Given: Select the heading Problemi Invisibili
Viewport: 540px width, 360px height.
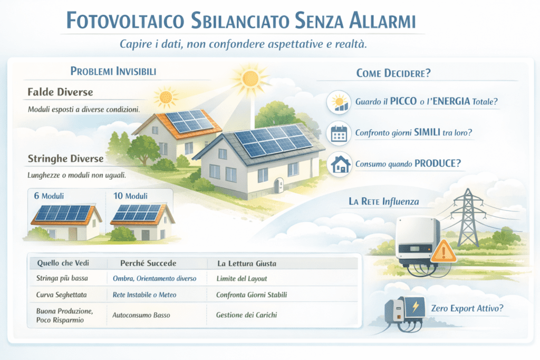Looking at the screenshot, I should point(113,72).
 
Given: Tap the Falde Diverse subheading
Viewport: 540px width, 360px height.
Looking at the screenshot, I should point(60,92).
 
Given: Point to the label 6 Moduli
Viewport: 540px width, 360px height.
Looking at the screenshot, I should point(49,196).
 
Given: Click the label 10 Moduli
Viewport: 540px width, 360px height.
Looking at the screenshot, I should point(130,196).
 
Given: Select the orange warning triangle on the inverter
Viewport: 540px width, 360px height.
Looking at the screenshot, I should point(443,251).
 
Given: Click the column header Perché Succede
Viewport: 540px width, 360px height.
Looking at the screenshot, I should point(142,263).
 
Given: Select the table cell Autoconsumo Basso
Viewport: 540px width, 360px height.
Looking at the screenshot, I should point(141,315).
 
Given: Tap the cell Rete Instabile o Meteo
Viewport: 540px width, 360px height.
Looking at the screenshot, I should point(145,295).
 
